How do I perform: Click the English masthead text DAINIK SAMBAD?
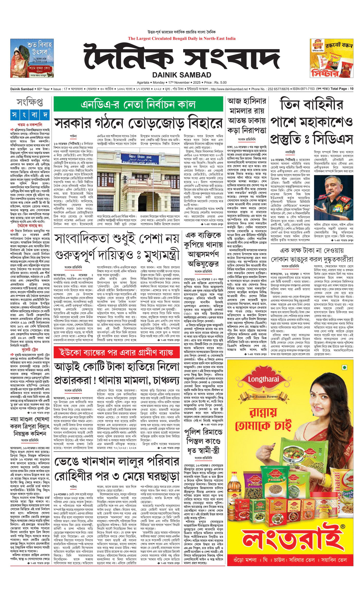click(182, 75)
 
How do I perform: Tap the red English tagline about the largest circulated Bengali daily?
click(182, 39)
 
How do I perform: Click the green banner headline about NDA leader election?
click(138, 104)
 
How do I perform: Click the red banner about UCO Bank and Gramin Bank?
click(117, 352)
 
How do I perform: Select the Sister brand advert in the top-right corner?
click(331, 58)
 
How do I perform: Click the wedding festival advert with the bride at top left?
click(32, 58)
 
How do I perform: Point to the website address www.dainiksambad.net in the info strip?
click(229, 89)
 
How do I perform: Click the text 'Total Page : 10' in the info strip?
click(342, 89)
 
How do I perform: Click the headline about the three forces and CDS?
click(311, 121)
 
